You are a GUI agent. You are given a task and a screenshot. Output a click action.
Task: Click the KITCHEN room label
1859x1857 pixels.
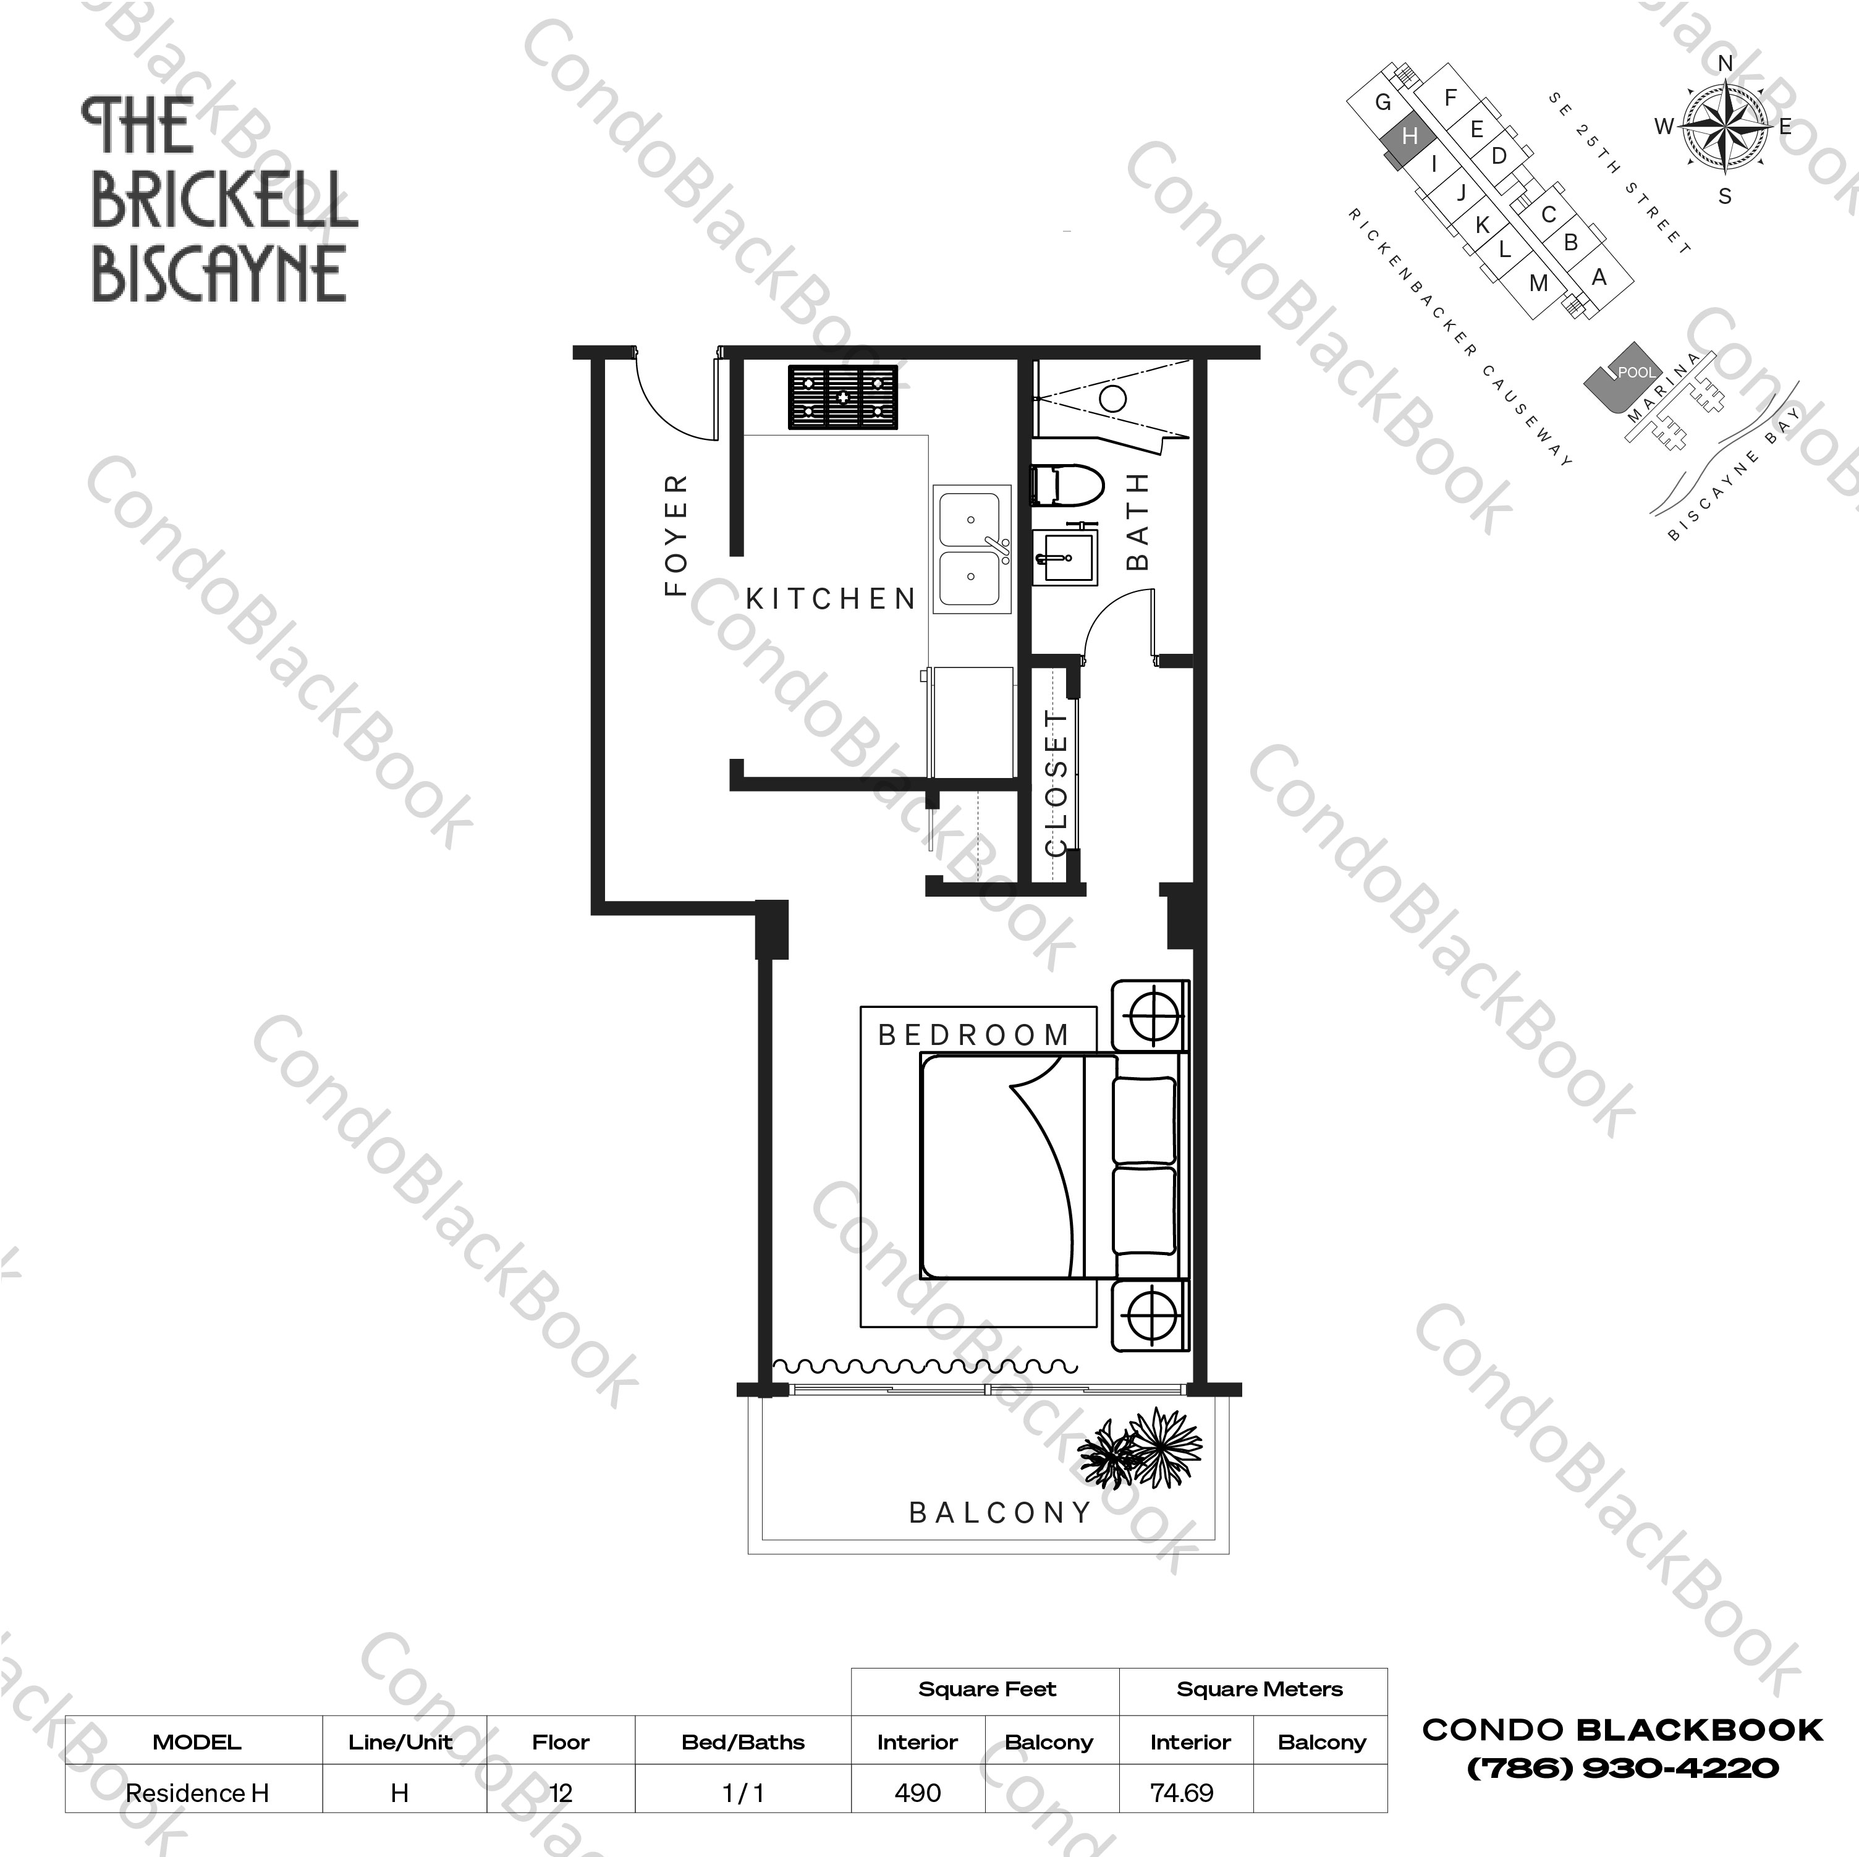831,598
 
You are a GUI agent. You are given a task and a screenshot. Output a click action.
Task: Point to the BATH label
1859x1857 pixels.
1138,520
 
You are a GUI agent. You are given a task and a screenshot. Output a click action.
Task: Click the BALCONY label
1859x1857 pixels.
1001,1513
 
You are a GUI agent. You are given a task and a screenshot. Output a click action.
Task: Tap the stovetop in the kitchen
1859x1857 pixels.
843,396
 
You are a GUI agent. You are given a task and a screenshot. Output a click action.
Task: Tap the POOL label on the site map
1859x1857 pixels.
1636,371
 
